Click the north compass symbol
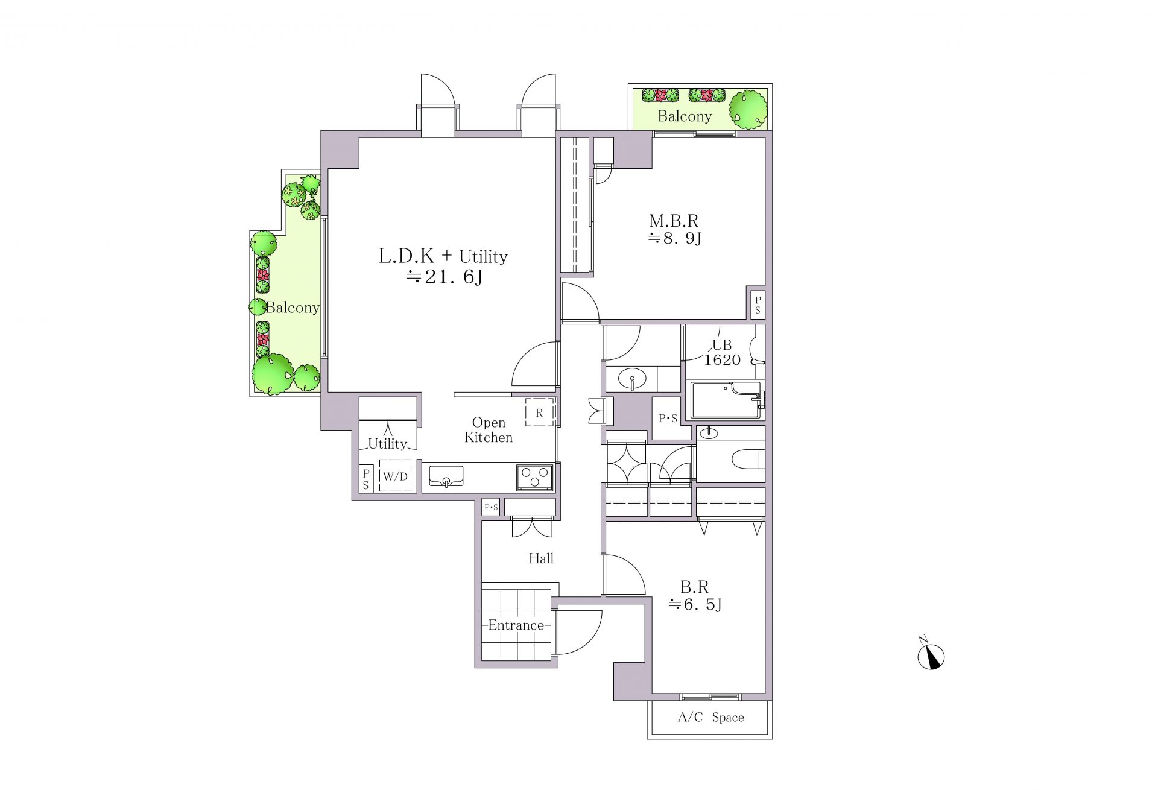pyautogui.click(x=931, y=656)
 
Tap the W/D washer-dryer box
pyautogui.click(x=396, y=476)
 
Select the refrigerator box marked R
pyautogui.click(x=539, y=412)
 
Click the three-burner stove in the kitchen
pyautogui.click(x=534, y=477)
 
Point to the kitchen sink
pyautogui.click(x=446, y=476)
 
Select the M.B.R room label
pyautogui.click(x=674, y=221)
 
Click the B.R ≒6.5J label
pyautogui.click(x=695, y=595)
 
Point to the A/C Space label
pyautogui.click(x=711, y=718)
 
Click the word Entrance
pyautogui.click(x=516, y=625)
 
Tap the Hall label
pyautogui.click(x=541, y=558)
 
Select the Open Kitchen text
pyautogui.click(x=489, y=430)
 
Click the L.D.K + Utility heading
pyautogui.click(x=443, y=257)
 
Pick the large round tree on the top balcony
pyautogui.click(x=748, y=110)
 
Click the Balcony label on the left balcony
pyautogui.click(x=293, y=308)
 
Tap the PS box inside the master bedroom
pyautogui.click(x=758, y=305)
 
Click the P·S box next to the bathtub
pyautogui.click(x=667, y=418)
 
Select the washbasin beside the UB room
pyautogui.click(x=632, y=379)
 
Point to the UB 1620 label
pyautogui.click(x=723, y=352)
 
